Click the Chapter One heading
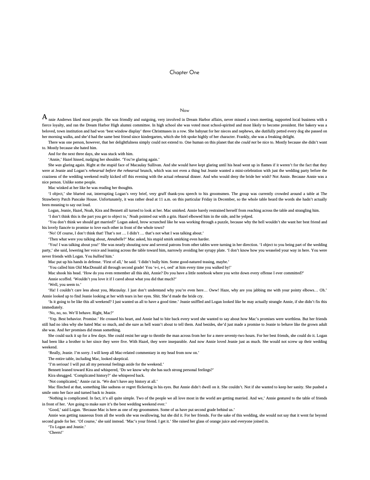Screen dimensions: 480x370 tap(184, 72)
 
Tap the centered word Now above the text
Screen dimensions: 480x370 tap(185, 110)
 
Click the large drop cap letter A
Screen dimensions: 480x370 tap(45, 117)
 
